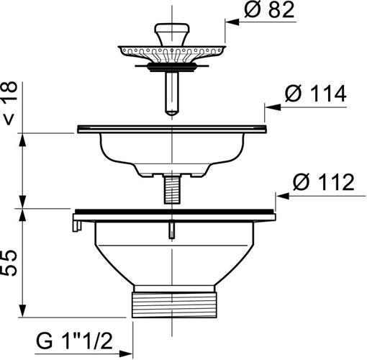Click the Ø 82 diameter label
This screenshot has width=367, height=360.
coord(269,10)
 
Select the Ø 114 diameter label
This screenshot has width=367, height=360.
coord(316,94)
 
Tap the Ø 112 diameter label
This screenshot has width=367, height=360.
coord(324,182)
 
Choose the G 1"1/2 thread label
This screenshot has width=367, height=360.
coord(74,341)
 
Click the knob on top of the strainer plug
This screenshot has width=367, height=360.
coord(172,34)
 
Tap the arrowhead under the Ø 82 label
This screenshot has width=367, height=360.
coord(232,22)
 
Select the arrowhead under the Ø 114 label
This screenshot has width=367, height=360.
coord(272,107)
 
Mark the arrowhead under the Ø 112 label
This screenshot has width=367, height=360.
coord(283,196)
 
